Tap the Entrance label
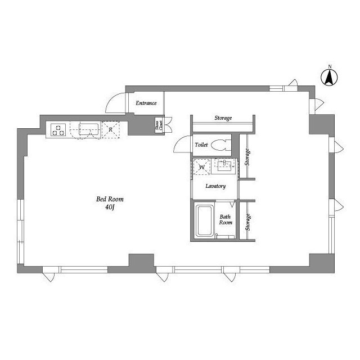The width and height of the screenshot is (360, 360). click(146, 103)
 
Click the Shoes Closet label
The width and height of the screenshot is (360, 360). click(159, 127)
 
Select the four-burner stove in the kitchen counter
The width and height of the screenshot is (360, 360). click(58, 130)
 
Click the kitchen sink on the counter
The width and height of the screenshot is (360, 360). click(89, 129)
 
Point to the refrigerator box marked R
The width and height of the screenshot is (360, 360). click(111, 130)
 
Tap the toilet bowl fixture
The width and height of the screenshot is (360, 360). click(222, 145)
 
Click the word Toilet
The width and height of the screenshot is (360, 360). click(201, 145)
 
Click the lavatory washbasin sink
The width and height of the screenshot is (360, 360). click(225, 165)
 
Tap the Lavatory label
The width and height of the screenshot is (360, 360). click(215, 186)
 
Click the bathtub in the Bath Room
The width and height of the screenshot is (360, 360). click(204, 221)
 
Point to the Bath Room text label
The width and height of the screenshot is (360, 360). click(226, 219)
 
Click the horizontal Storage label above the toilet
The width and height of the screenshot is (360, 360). click(223, 118)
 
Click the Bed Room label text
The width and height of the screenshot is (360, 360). click(110, 199)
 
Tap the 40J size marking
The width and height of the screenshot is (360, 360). click(110, 207)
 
